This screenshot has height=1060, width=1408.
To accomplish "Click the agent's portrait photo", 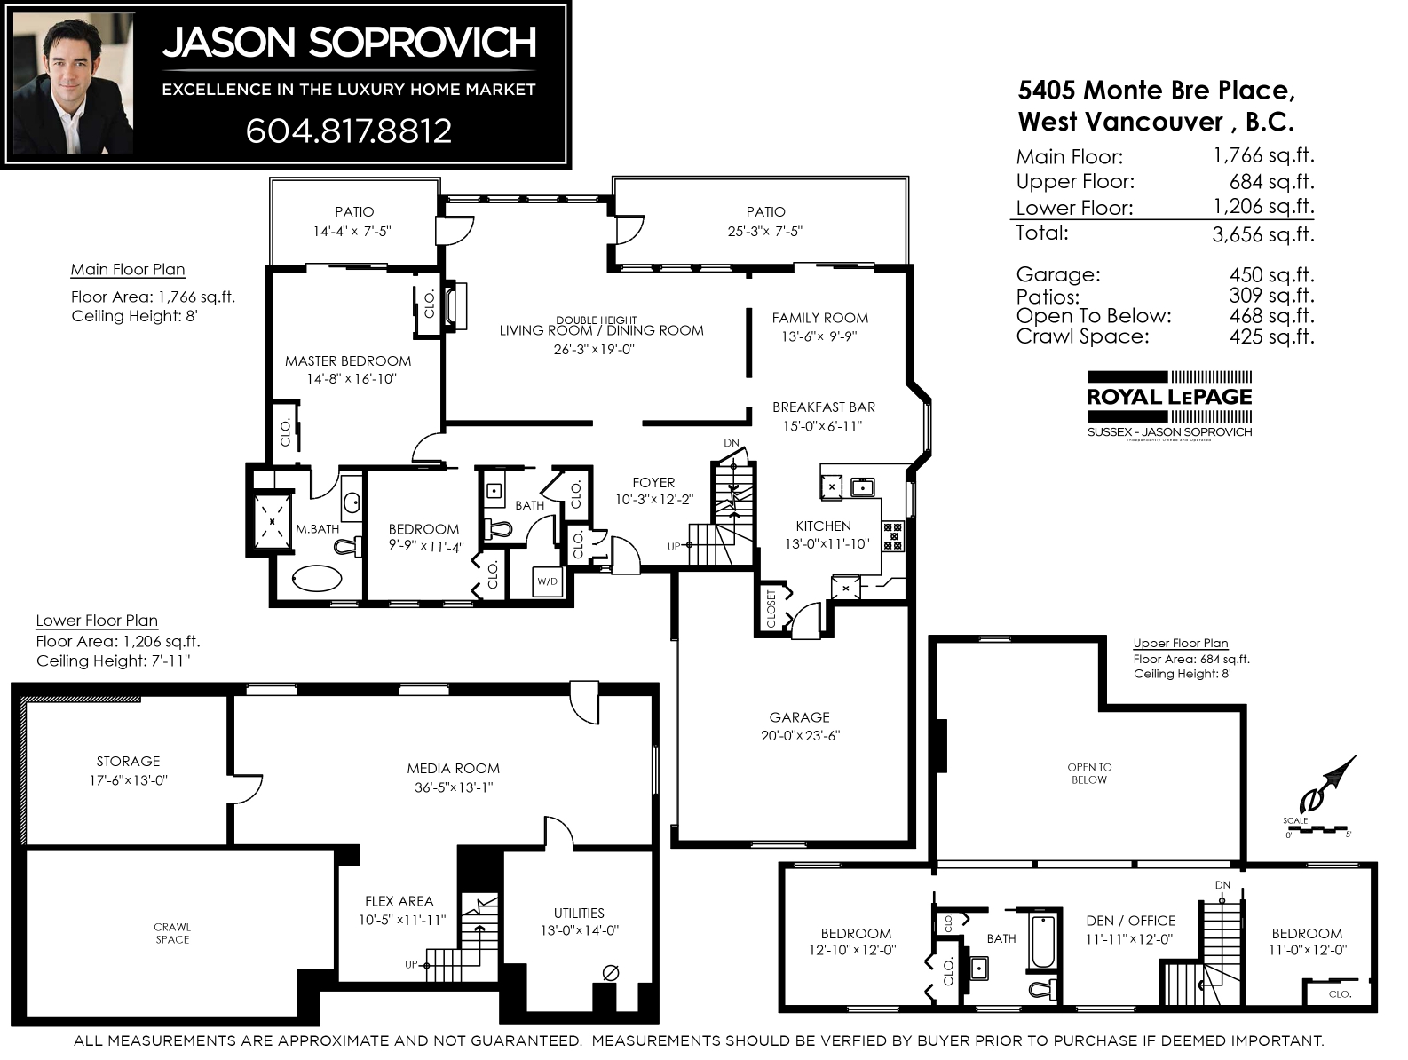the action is (73, 83).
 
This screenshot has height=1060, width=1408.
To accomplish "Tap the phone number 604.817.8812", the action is (348, 131).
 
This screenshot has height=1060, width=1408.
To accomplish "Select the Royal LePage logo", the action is (1168, 404).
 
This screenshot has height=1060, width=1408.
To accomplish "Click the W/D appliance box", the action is (547, 581).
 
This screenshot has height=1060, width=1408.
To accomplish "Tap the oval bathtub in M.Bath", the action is (317, 579).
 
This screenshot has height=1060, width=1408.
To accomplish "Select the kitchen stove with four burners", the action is (892, 536).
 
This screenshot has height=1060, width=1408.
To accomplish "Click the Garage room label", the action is (799, 717).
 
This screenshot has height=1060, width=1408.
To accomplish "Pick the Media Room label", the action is (453, 768).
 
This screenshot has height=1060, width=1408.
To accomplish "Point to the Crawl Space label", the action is (172, 933).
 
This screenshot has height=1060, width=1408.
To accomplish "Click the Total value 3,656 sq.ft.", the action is (1262, 234).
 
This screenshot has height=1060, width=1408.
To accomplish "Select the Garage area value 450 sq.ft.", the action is (1271, 275).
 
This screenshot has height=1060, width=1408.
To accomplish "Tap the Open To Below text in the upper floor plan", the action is (1089, 773).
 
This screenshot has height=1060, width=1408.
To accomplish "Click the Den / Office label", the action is (1131, 921).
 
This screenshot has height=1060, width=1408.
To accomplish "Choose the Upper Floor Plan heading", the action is (1180, 643).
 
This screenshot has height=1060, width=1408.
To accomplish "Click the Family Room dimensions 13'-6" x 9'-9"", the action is (819, 336).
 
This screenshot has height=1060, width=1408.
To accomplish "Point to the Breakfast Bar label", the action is (824, 407).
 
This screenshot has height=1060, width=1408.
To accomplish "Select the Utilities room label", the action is (579, 914).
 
